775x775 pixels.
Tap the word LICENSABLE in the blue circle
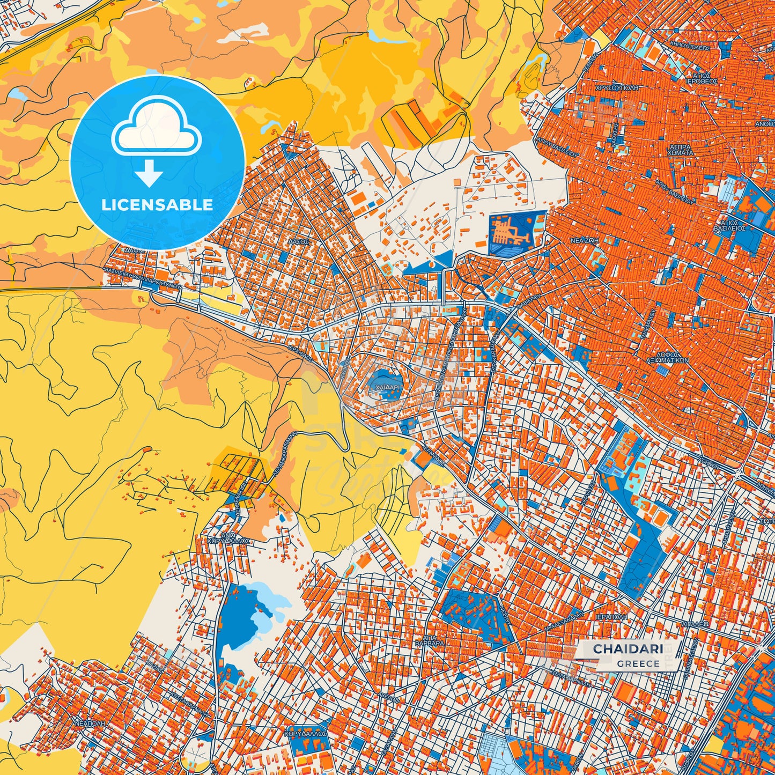click(158, 205)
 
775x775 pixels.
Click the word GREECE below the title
click(638, 663)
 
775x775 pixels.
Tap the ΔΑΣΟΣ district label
click(298, 242)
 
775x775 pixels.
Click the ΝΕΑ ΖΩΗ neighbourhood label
click(584, 241)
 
